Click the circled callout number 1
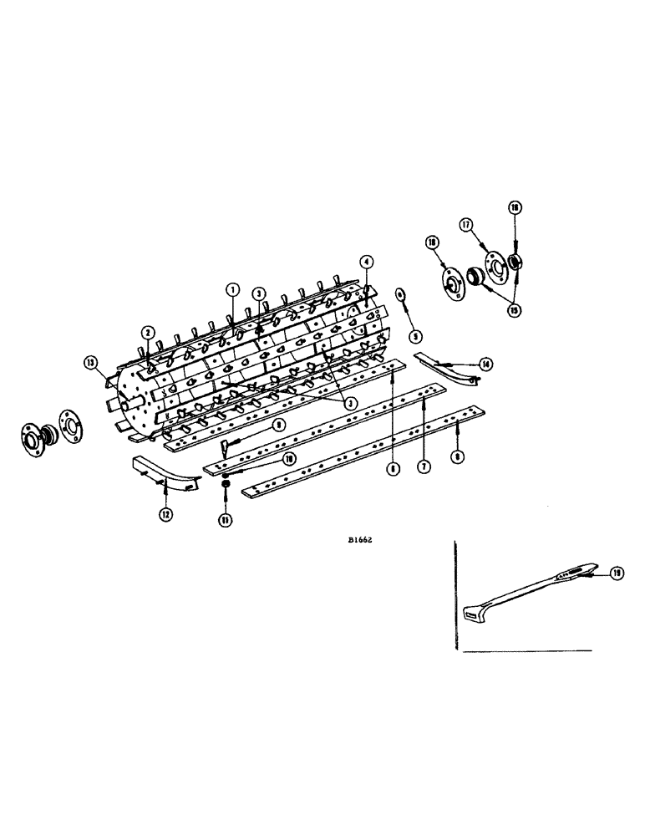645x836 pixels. click(x=232, y=289)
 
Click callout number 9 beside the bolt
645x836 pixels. click(x=278, y=424)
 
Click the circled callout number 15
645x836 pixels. click(x=513, y=309)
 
